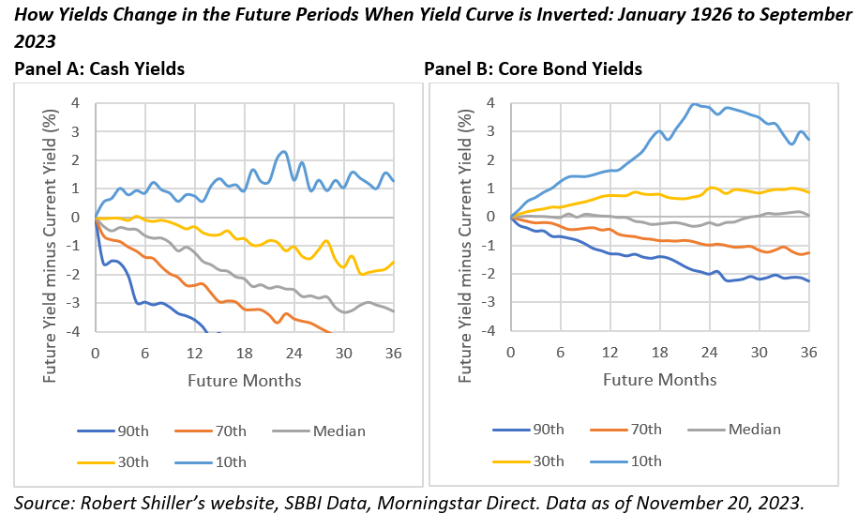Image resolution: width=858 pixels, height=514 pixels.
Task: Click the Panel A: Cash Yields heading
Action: point(98,68)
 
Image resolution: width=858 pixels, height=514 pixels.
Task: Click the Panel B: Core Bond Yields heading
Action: point(534,68)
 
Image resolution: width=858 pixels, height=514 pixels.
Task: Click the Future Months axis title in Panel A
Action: point(244,380)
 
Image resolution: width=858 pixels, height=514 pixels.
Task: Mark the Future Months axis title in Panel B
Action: point(659,380)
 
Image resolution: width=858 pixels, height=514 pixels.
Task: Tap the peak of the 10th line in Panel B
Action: point(694,104)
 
